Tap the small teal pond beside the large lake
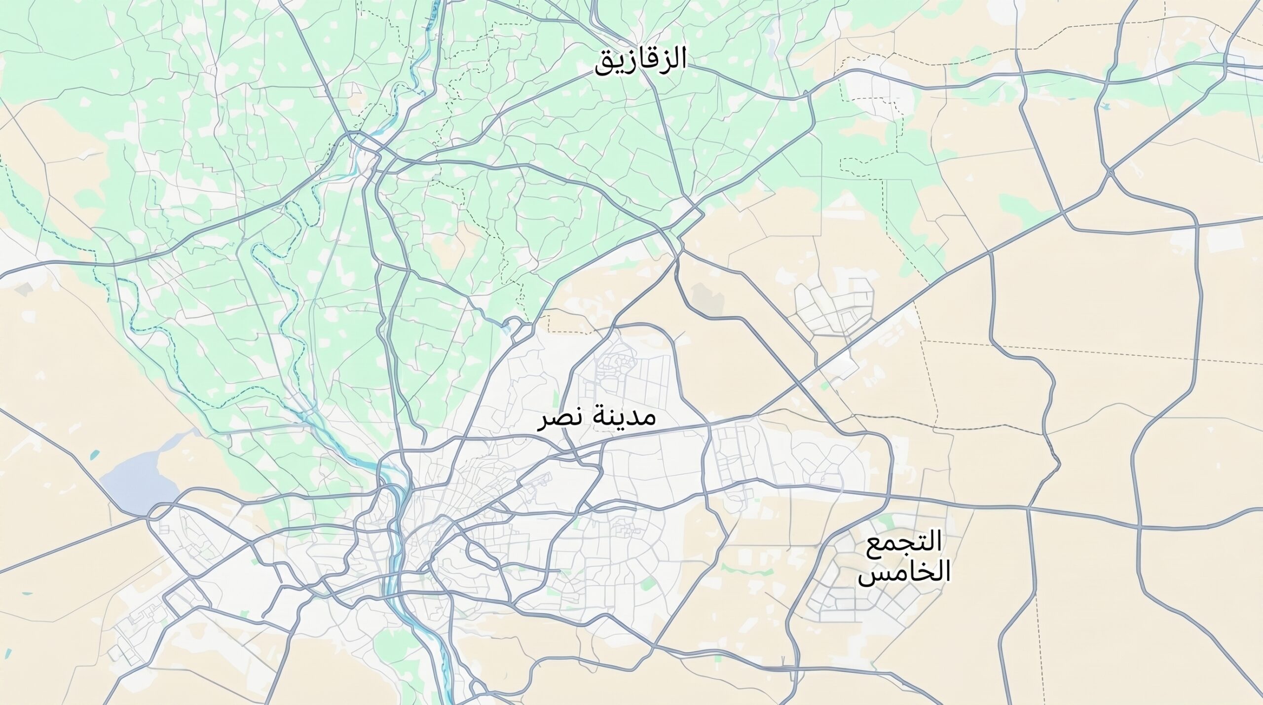[95, 453]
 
